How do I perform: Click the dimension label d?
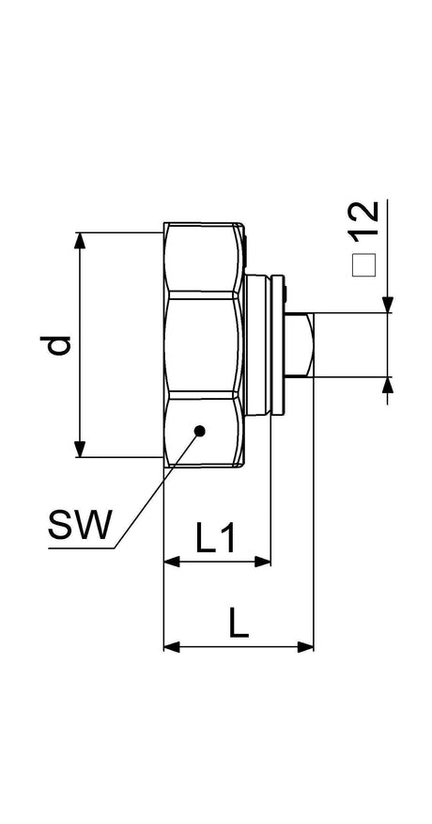coord(55,344)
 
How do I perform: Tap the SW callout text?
coord(81,525)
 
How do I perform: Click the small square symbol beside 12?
coord(363,265)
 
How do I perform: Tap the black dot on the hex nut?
coord(199,431)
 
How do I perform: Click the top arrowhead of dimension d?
coord(79,241)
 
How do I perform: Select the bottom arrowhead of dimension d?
coord(79,449)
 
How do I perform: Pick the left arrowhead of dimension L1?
coord(172,562)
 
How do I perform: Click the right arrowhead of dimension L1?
coord(262,562)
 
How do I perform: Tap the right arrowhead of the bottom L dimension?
coord(305,647)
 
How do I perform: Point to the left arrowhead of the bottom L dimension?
coord(172,647)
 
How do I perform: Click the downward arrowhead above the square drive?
coord(387,305)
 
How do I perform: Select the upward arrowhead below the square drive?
coord(387,386)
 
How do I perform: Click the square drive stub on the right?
coord(300,344)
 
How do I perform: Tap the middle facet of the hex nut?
coord(203,344)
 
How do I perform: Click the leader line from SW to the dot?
coord(157,490)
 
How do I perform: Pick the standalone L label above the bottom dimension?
coord(239,622)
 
